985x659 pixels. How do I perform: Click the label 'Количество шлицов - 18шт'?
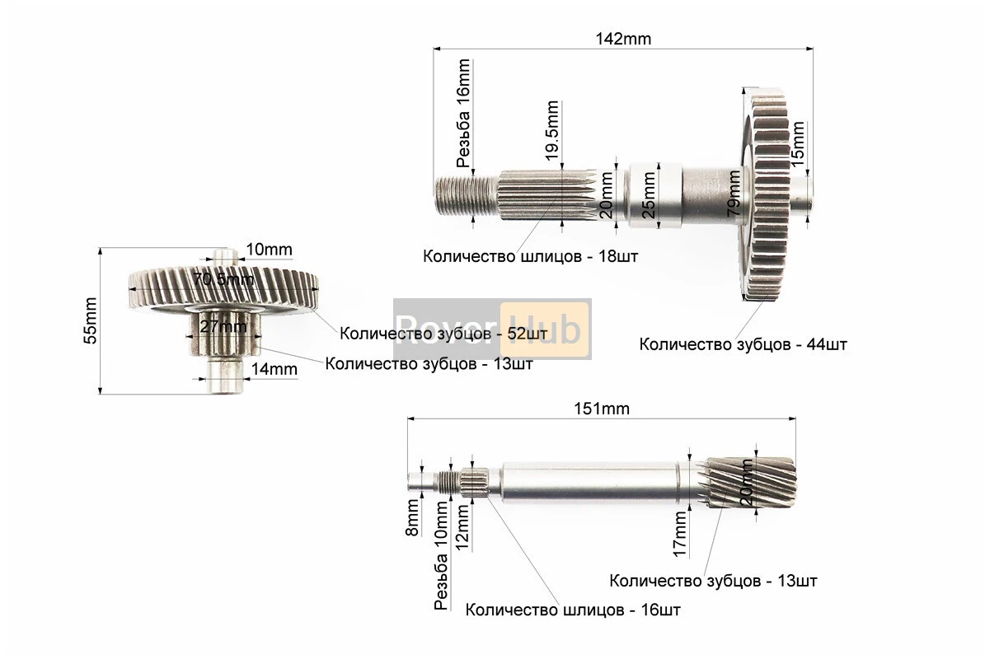[x=530, y=256]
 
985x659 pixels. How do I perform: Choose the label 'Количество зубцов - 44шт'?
[x=743, y=344]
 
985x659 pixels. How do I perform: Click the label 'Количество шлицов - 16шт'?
[x=573, y=610]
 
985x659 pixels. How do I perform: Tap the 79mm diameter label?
[x=734, y=194]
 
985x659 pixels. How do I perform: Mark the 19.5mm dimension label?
[x=552, y=129]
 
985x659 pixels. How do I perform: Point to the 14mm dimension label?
[x=274, y=369]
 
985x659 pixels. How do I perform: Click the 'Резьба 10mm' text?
[x=442, y=568]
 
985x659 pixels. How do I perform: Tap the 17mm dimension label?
[x=679, y=532]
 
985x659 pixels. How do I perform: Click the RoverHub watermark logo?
[x=492, y=328]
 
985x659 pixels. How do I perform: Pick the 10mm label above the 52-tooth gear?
[x=268, y=250]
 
